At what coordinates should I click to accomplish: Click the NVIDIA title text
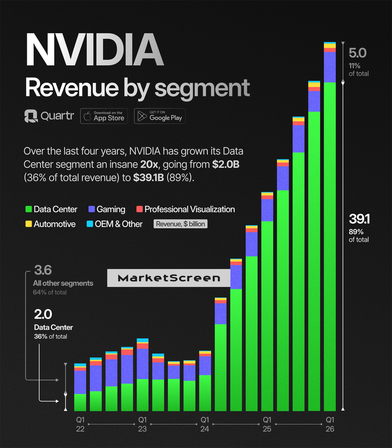pos(95,50)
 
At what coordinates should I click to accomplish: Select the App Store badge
pos(104,116)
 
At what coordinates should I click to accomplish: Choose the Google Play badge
pos(160,116)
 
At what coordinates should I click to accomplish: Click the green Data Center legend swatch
pos(28,209)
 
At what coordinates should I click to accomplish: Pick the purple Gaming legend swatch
pos(91,209)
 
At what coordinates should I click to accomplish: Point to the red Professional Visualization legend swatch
pos(139,209)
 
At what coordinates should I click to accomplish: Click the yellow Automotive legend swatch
pos(28,224)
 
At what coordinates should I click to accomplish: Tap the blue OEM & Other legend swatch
pos(90,224)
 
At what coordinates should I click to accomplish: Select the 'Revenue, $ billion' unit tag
pos(181,224)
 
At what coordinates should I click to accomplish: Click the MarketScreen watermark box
pos(169,278)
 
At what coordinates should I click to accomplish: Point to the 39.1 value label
pos(359,219)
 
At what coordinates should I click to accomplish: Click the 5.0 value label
pos(357,53)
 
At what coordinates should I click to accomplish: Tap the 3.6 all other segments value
pos(43,270)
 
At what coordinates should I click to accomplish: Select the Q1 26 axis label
pos(330,424)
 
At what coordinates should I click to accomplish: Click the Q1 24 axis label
pos(205,424)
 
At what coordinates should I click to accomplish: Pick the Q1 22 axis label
pos(80,424)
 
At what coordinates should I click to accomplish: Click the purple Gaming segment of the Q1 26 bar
pos(330,67)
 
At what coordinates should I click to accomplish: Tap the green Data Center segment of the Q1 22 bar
pos(80,402)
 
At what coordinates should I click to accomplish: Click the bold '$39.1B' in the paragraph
pos(148,178)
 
